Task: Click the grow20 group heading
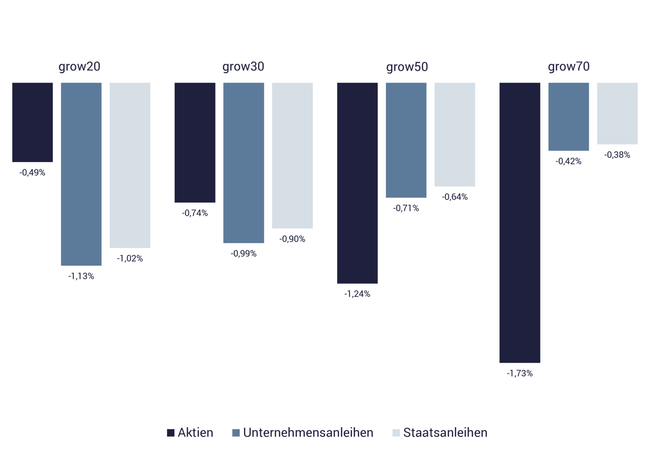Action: pos(79,67)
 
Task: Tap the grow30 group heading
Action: pos(243,67)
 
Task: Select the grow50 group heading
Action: pos(407,67)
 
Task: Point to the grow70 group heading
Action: pos(569,67)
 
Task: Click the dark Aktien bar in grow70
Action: pos(520,223)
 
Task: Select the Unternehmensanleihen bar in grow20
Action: pos(81,174)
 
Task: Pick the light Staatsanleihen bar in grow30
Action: pos(292,155)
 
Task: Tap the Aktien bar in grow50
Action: pos(357,183)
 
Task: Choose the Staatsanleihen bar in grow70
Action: pos(617,113)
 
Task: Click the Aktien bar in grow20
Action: pos(33,122)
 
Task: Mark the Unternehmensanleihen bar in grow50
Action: pos(406,140)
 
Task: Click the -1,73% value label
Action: pos(520,373)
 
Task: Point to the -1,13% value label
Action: pos(81,276)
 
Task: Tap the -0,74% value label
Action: pos(195,213)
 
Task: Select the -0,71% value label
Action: pos(406,208)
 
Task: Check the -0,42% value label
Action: pos(568,161)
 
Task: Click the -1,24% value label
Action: pos(357,294)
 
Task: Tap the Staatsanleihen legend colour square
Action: pos(396,433)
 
